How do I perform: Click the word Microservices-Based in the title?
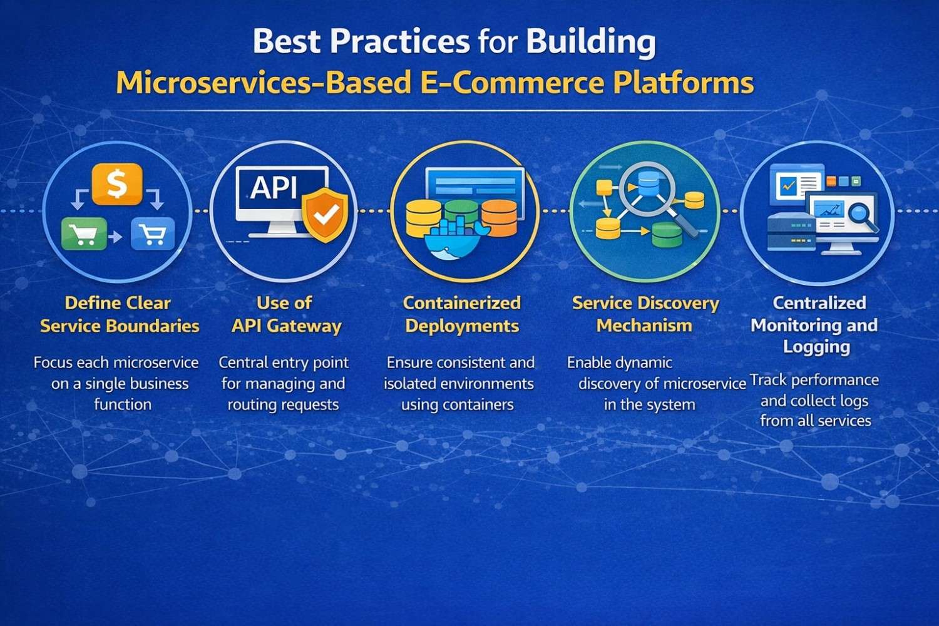263,83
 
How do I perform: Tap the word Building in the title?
590,42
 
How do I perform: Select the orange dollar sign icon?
116,184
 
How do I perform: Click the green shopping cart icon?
83,235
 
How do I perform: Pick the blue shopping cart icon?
153,234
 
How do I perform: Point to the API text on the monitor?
274,187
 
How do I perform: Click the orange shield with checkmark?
325,214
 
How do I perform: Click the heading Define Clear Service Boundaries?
119,314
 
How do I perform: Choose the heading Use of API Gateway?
285,314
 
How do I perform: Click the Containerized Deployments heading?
462,314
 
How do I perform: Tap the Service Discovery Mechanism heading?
645,314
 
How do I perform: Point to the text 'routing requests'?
283,405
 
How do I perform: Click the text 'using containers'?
457,405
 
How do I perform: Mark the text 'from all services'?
815,421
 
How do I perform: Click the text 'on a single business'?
120,384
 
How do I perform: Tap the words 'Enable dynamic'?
619,362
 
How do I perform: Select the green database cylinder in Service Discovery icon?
666,235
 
